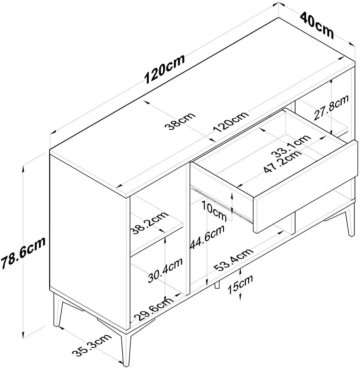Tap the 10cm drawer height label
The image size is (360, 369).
pos(214,211)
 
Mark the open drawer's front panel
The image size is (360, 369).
pos(305,187)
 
